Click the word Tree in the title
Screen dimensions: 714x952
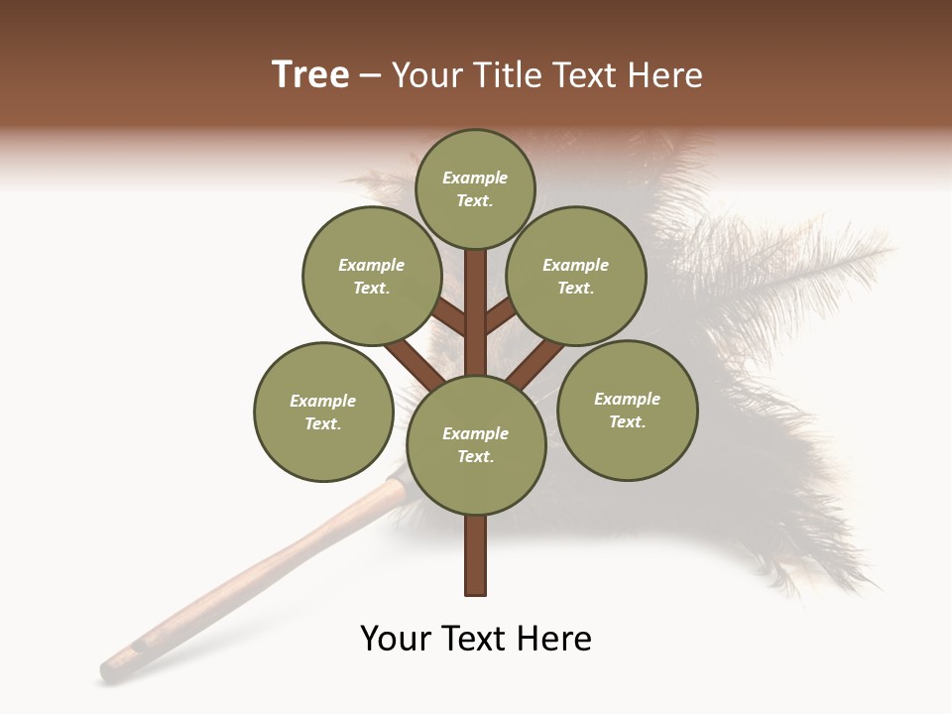[310, 74]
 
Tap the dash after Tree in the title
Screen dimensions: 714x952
[370, 76]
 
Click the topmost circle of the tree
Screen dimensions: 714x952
[475, 188]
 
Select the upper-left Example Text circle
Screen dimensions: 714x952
[371, 276]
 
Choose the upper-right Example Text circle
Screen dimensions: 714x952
[576, 276]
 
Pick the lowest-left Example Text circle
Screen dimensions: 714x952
[323, 412]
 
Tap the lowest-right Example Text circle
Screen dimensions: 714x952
[627, 410]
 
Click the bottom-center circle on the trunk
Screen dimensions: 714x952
[476, 444]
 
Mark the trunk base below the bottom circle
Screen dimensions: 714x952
[476, 555]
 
